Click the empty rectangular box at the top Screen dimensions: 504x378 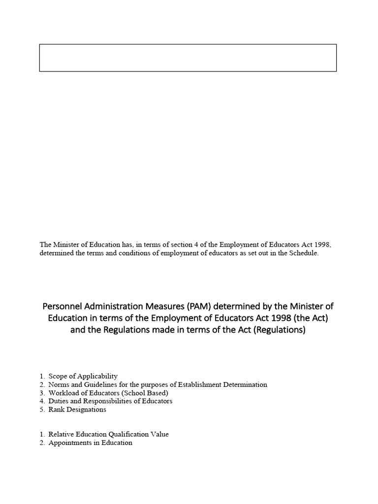click(188, 58)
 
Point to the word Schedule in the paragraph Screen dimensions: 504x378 click(305, 253)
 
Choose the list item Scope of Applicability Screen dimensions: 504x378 click(83, 376)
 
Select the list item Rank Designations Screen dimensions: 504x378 click(77, 409)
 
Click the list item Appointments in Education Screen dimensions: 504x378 click(90, 442)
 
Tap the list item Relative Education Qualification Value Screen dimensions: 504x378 click(108, 434)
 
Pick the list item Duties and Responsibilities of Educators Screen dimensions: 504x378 click(110, 401)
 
